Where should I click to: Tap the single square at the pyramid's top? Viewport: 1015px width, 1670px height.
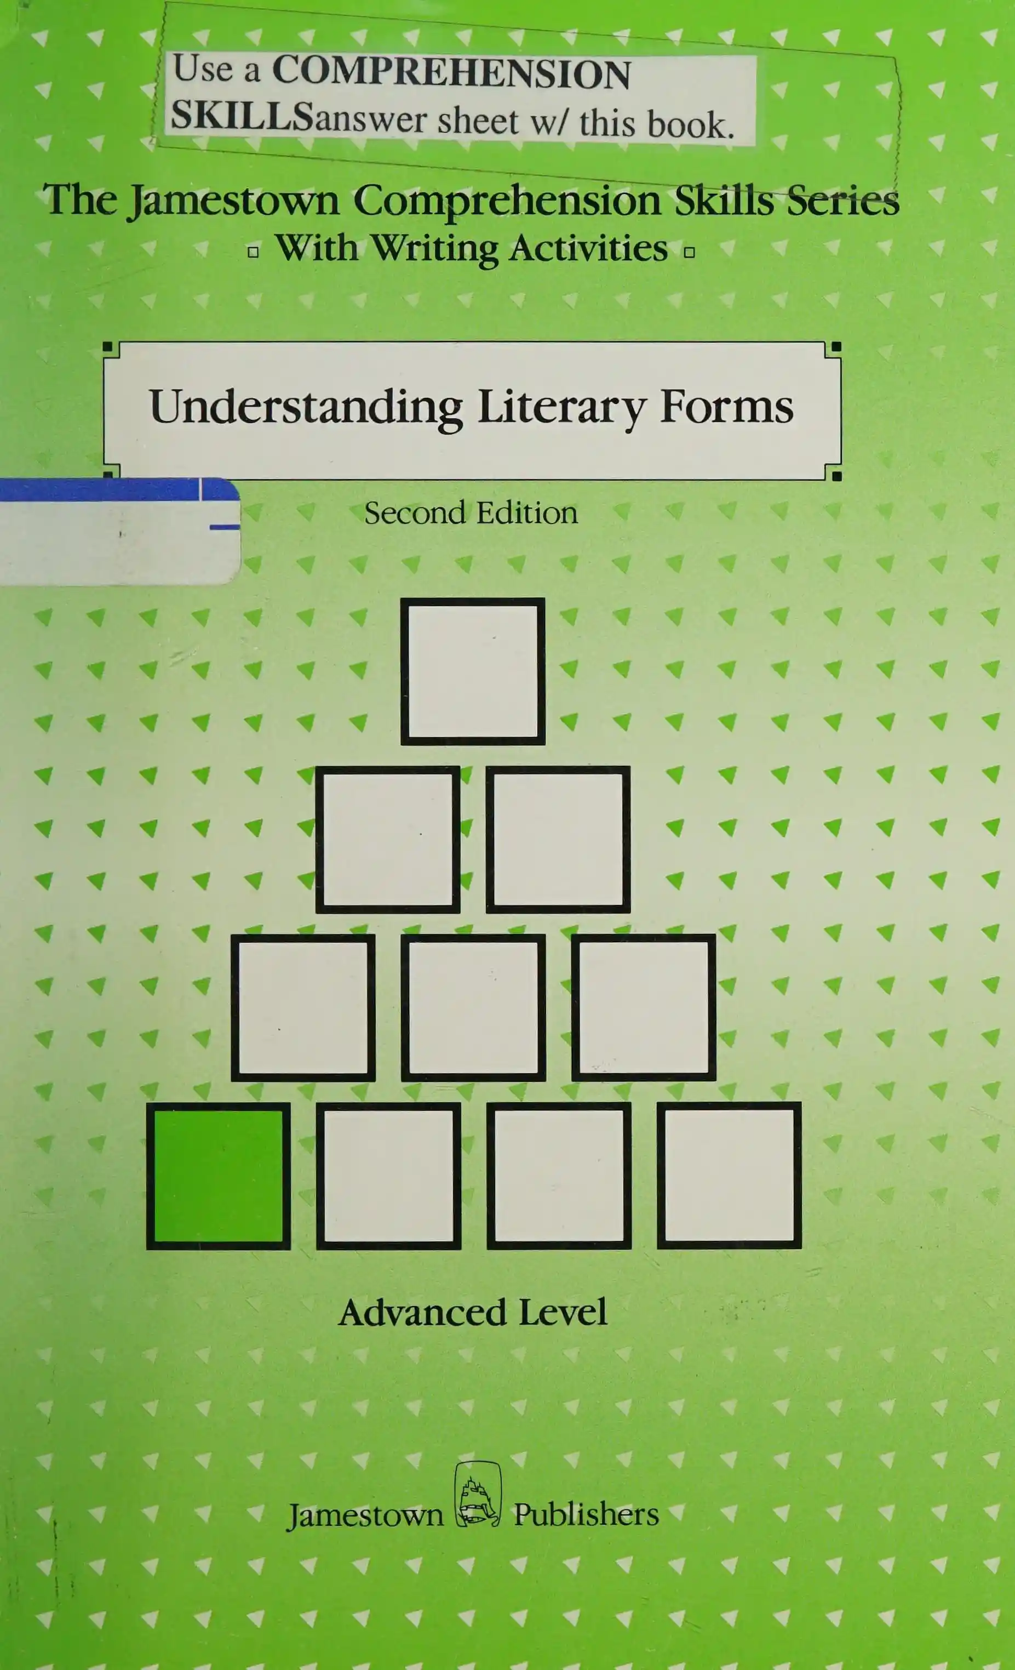pos(473,671)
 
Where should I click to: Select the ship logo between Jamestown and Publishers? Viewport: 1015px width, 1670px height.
pos(478,1495)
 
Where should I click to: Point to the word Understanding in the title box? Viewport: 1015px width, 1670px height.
pos(306,407)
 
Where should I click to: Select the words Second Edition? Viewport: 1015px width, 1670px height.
pos(471,513)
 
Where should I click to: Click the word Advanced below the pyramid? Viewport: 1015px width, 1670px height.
pos(423,1313)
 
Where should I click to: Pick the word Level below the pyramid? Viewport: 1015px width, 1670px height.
pos(563,1313)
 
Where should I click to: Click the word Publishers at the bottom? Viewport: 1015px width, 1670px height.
pos(586,1514)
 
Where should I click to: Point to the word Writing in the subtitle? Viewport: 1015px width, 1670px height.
pos(435,249)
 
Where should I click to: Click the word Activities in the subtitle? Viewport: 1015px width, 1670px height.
pos(589,248)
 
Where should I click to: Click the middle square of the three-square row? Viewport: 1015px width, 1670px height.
pos(473,1008)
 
